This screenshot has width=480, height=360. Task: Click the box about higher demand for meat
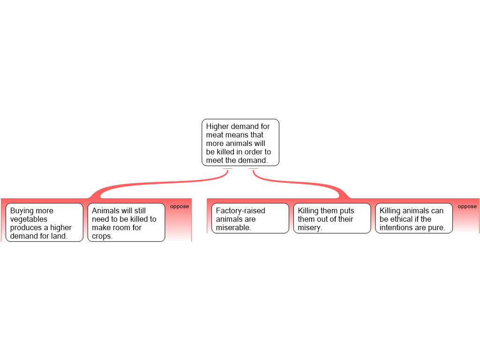[x=240, y=142]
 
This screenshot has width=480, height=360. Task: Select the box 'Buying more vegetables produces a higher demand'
[x=45, y=222]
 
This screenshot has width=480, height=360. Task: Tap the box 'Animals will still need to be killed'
[x=126, y=222]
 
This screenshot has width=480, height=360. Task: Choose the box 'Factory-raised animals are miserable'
[x=250, y=218]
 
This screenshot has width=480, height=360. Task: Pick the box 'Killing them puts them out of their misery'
[x=332, y=218]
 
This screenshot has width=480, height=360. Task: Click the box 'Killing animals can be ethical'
[x=413, y=218]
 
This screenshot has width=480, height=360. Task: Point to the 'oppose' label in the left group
[x=180, y=206]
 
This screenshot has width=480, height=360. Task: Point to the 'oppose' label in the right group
[x=467, y=206]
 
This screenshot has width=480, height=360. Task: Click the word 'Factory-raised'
[x=240, y=211]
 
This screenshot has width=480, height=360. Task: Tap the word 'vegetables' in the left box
[x=29, y=219]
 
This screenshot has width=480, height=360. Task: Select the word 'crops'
[x=101, y=236]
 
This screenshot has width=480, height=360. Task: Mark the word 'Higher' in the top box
[x=217, y=127]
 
